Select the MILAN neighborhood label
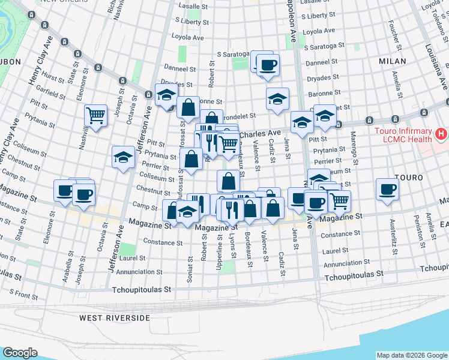pos(393,61)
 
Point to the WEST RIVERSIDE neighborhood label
pos(114,317)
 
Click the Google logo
pos(20,353)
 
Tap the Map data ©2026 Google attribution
pos(412,355)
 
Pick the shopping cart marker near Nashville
pos(96,115)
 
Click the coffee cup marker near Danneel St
pos(268,64)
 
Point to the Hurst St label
pos(53,78)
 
